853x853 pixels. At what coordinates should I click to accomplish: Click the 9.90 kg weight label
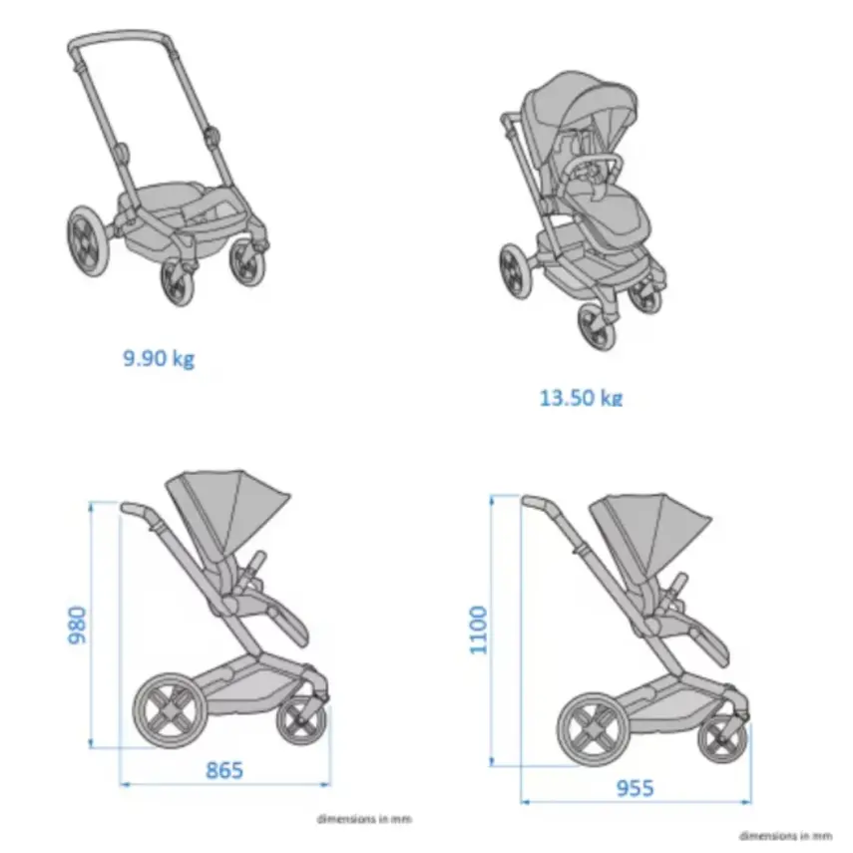pyautogui.click(x=159, y=357)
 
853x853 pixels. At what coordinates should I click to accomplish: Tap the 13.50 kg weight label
pyautogui.click(x=580, y=397)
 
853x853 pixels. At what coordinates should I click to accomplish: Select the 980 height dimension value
pyautogui.click(x=79, y=624)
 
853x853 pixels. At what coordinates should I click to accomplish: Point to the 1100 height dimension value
pyautogui.click(x=480, y=630)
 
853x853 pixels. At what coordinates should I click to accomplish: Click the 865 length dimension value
pyautogui.click(x=223, y=769)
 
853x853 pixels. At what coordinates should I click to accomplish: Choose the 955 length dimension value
pyautogui.click(x=634, y=788)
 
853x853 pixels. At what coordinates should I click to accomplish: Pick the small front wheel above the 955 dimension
pyautogui.click(x=721, y=739)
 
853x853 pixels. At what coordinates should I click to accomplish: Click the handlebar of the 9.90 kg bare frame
pyautogui.click(x=120, y=40)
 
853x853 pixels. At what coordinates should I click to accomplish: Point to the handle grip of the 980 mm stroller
pyautogui.click(x=136, y=510)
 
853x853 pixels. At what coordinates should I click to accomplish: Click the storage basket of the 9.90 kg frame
pyautogui.click(x=186, y=209)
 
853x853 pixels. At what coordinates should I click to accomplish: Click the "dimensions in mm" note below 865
pyautogui.click(x=363, y=819)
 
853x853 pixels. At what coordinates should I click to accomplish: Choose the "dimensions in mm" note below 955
pyautogui.click(x=785, y=835)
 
